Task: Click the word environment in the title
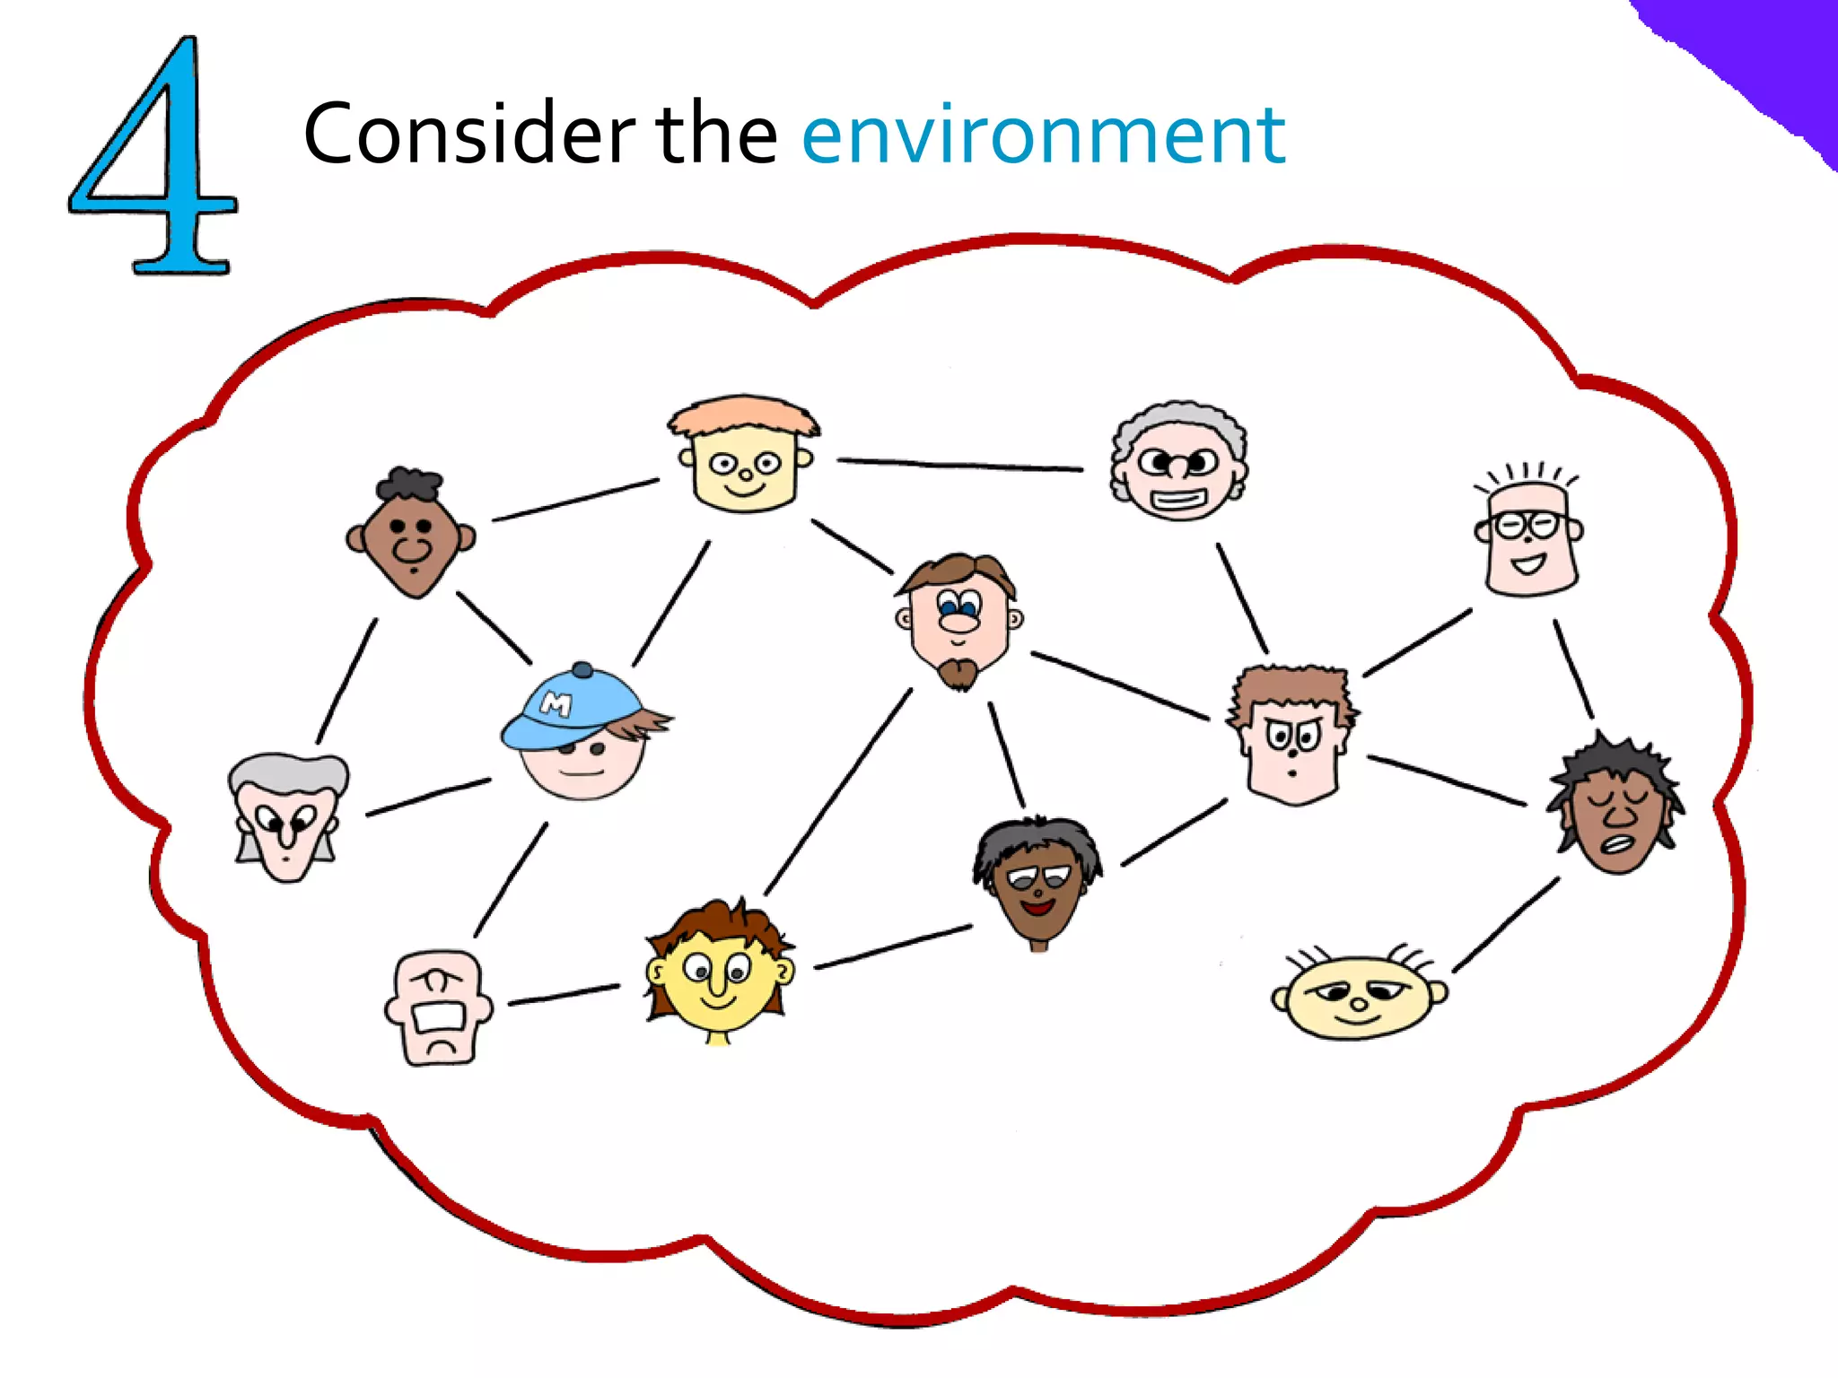point(1043,135)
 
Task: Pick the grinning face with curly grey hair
point(1179,462)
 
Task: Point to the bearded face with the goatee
point(959,619)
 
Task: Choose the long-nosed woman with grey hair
point(287,816)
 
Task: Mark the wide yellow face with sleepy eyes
point(1359,995)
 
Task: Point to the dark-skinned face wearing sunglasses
point(1038,879)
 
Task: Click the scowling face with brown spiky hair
point(1293,736)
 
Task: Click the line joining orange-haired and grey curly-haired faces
point(960,465)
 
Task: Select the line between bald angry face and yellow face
point(564,995)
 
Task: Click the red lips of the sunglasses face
point(1038,908)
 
